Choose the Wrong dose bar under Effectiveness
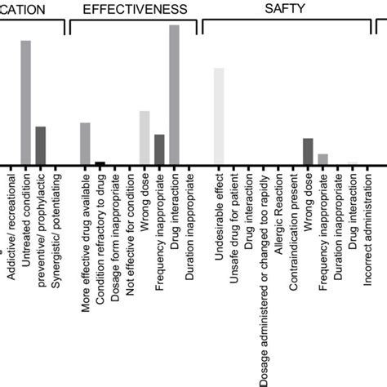tap(145, 138)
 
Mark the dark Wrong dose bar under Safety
tap(308, 151)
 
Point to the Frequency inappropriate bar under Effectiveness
tap(159, 149)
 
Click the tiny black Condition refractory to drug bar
tap(100, 163)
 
